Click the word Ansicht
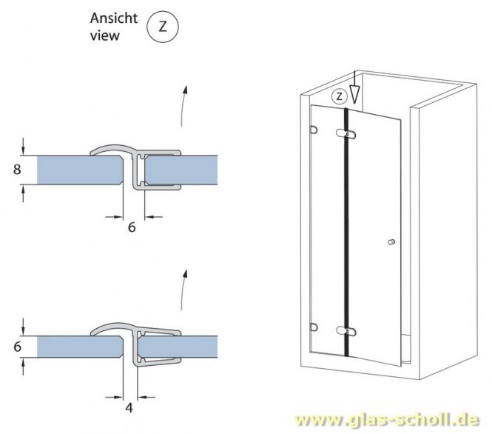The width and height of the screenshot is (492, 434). point(113,18)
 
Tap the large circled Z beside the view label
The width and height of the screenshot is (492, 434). point(164,27)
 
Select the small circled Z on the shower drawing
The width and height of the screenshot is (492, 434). point(339,96)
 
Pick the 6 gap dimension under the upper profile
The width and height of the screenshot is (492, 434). point(132,228)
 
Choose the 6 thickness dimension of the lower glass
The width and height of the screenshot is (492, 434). point(16,345)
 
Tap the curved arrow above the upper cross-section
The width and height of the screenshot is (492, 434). point(183,106)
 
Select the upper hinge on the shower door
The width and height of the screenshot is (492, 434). point(346,133)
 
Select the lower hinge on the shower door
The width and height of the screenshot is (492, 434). point(346,330)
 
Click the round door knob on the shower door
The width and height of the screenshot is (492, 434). point(391,243)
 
